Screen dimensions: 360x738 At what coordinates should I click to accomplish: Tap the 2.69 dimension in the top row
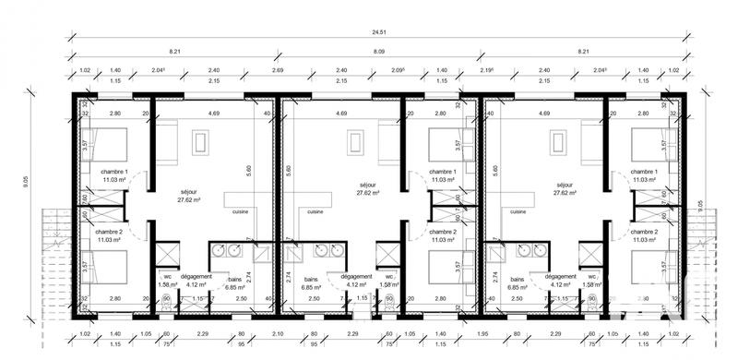278,71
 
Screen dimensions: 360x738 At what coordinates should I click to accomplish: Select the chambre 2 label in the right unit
644,232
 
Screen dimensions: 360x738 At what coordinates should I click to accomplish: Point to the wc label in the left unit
168,276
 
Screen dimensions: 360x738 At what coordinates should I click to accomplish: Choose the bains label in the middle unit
310,276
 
